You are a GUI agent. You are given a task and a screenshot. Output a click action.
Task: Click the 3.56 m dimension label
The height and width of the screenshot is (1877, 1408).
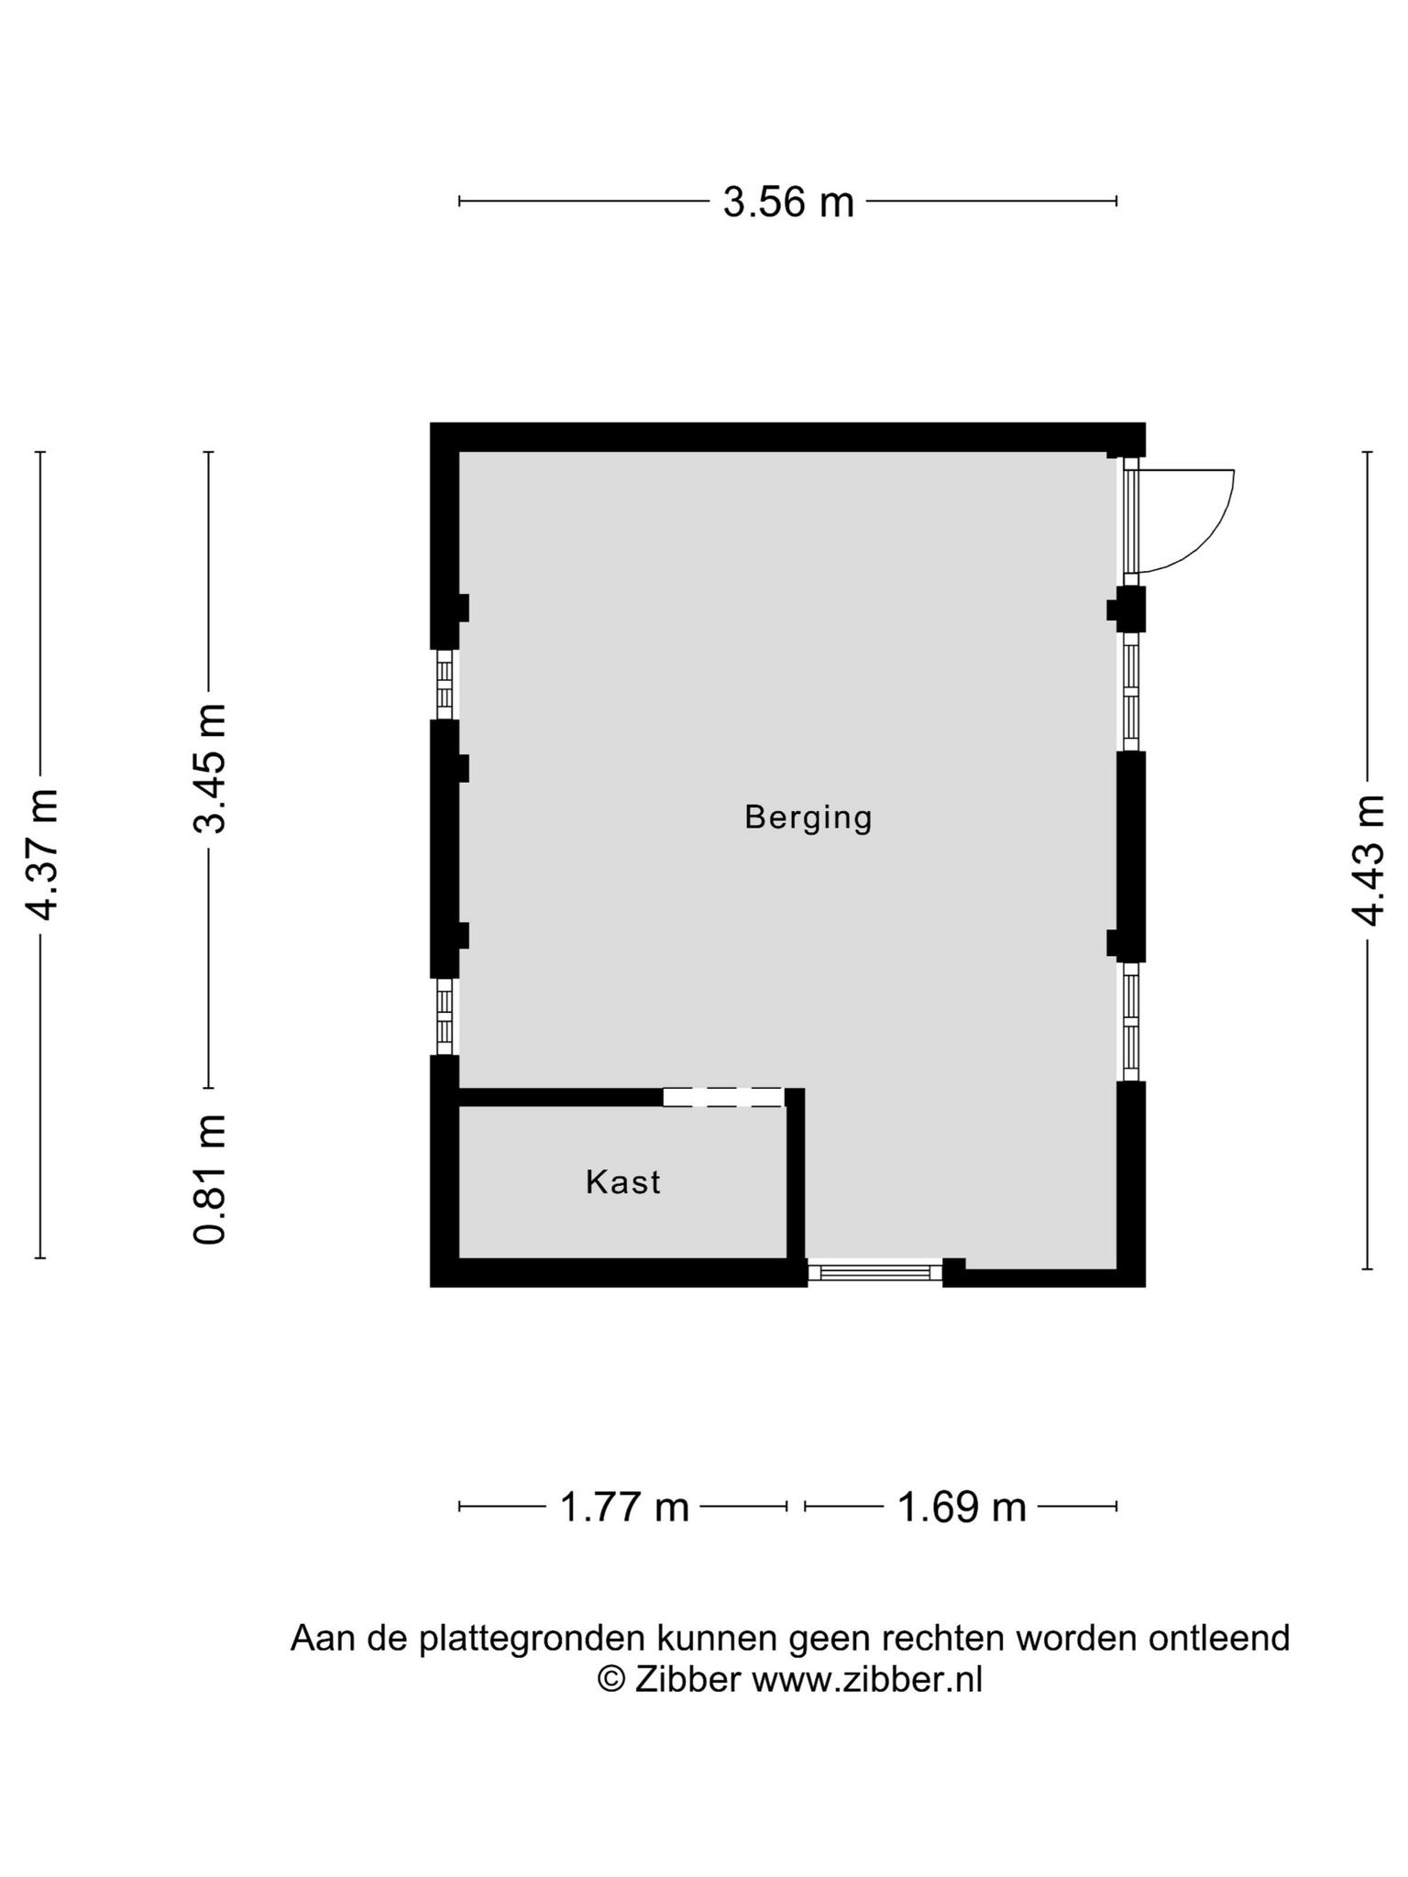(788, 202)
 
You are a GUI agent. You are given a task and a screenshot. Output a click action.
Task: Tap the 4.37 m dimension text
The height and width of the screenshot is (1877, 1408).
(42, 853)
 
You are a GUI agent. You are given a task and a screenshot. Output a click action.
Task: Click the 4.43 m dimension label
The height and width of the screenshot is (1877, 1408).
(1367, 860)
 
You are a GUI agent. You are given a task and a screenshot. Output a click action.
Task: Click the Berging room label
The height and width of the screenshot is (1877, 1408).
(808, 817)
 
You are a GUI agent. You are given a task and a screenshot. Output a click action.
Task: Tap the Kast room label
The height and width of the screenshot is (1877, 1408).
(623, 1182)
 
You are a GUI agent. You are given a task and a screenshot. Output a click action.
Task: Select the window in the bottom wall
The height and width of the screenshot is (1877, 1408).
(874, 1272)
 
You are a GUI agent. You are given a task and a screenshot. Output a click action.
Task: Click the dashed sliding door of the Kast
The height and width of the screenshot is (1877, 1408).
(723, 1097)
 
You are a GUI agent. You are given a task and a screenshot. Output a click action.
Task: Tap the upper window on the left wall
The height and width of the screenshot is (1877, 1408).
(445, 685)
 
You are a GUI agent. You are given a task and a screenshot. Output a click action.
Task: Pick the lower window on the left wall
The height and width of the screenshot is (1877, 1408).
(445, 1017)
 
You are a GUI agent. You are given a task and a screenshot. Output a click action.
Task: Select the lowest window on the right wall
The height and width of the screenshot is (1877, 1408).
(1131, 1022)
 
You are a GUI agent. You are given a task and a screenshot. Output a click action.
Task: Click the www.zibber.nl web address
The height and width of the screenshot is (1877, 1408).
(867, 1679)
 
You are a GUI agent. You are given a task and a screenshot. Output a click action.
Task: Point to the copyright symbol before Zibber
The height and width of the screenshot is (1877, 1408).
(611, 1679)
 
